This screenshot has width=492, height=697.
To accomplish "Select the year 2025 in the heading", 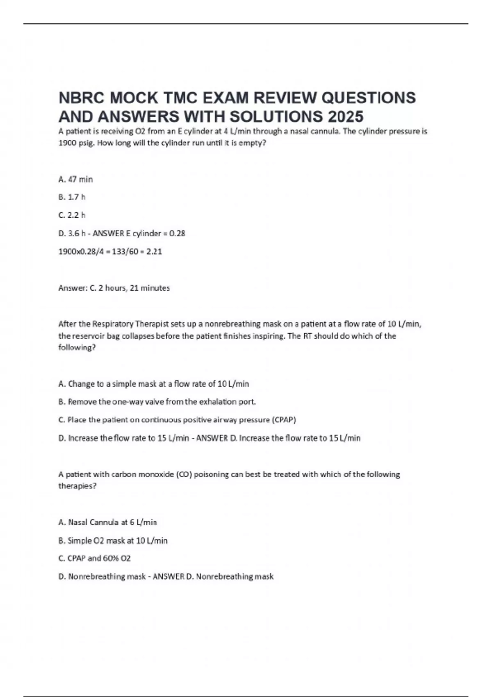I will tap(345, 117).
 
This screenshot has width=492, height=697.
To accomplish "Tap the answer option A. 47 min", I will tap(76, 179).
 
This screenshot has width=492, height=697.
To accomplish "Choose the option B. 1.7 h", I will tap(72, 197).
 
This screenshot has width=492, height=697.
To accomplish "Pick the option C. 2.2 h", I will tap(72, 215).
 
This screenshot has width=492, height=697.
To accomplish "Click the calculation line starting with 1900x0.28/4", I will tap(110, 251).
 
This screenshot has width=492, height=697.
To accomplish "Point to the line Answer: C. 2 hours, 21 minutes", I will tap(114, 288).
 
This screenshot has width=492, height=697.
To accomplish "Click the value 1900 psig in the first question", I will tap(75, 143).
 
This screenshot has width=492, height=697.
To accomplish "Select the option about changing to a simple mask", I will tap(154, 384).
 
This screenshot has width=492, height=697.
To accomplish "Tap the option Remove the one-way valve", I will tap(157, 402).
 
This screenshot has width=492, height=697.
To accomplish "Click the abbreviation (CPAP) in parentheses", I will tap(284, 420).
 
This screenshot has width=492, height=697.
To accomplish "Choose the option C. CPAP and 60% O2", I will tap(95, 558).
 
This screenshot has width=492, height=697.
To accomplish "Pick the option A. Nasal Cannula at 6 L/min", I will tap(108, 522).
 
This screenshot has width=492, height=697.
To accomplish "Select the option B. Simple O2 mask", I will tap(113, 541).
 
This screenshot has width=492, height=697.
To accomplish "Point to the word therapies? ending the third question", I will tap(77, 486).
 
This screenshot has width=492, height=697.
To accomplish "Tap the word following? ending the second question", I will tap(77, 348).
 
